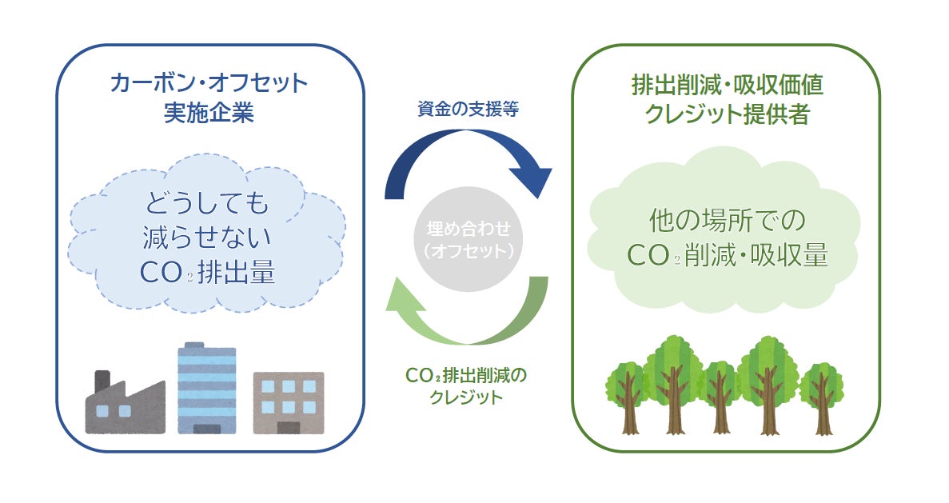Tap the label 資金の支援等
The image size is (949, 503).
468,109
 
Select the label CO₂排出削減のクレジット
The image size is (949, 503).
468,385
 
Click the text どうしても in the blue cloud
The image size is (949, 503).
207,203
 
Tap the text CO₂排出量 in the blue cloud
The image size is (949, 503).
207,273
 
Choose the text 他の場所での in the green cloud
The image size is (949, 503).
726,218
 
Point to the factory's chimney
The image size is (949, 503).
102,382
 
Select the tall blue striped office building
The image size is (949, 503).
206,389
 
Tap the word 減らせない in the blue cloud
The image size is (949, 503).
207,238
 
